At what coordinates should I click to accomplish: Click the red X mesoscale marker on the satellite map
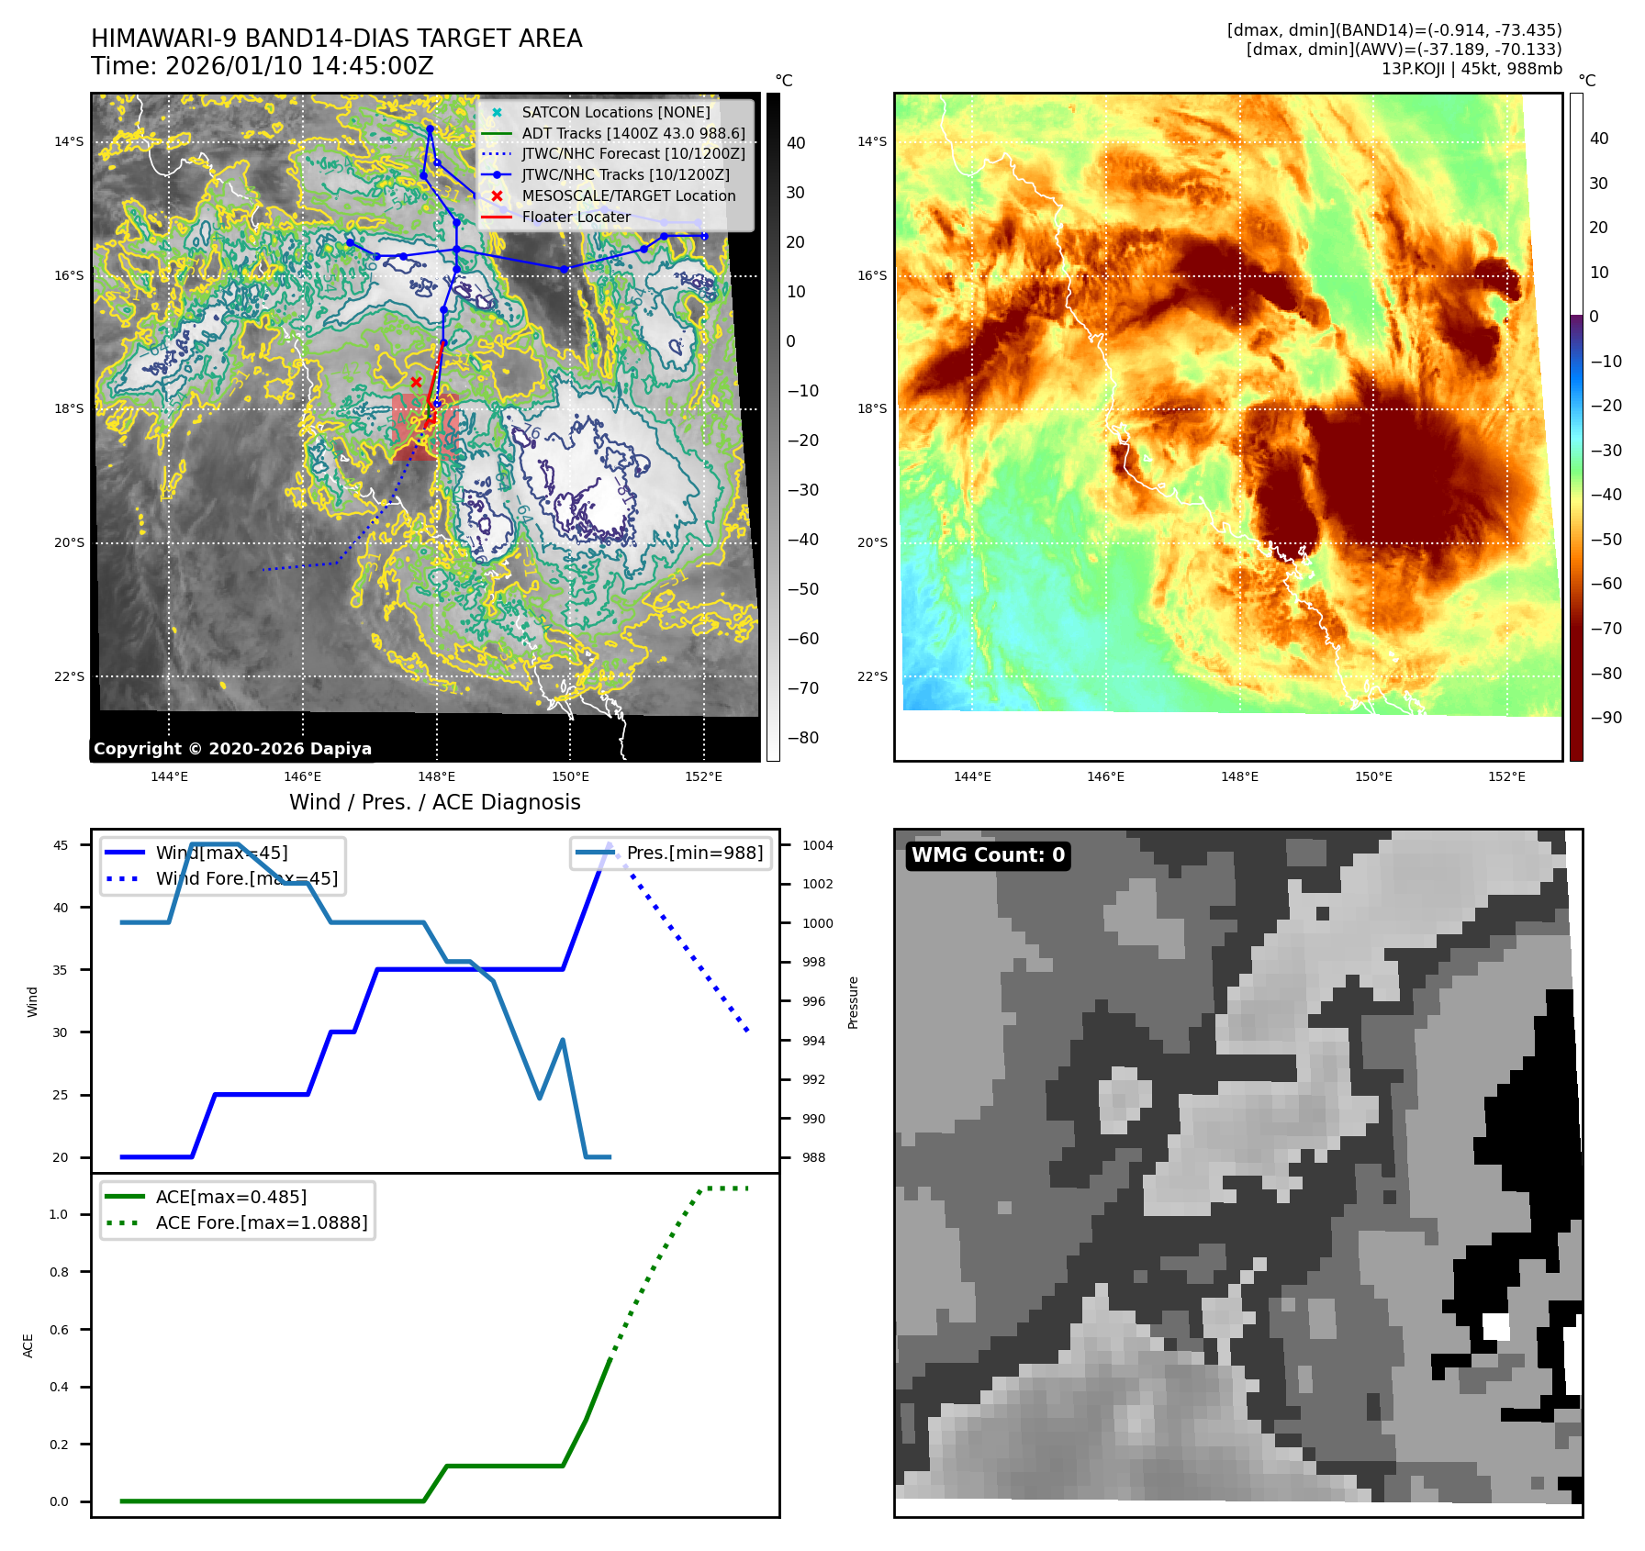(416, 382)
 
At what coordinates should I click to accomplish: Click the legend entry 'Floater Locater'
(576, 218)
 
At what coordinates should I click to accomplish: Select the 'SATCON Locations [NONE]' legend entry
(615, 112)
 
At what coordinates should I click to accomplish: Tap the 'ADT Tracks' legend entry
(632, 133)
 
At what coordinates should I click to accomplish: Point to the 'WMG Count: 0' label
(987, 855)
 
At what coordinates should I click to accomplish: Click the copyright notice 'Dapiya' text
(232, 749)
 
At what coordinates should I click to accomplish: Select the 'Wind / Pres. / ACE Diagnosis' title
(434, 802)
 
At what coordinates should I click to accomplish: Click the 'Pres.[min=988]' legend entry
(694, 853)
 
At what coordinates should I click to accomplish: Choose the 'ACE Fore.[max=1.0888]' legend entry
(261, 1222)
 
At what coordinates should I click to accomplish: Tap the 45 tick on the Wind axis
(61, 845)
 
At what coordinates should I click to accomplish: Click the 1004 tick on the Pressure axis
(817, 845)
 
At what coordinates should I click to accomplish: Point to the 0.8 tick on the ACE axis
(59, 1272)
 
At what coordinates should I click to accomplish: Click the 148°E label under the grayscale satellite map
(436, 776)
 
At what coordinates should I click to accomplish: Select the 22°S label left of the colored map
(872, 676)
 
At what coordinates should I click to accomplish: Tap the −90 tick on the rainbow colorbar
(1606, 718)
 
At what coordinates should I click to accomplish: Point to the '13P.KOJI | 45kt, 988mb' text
(1471, 69)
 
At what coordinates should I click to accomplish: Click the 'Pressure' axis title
(854, 1002)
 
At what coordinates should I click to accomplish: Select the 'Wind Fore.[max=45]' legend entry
(246, 878)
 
